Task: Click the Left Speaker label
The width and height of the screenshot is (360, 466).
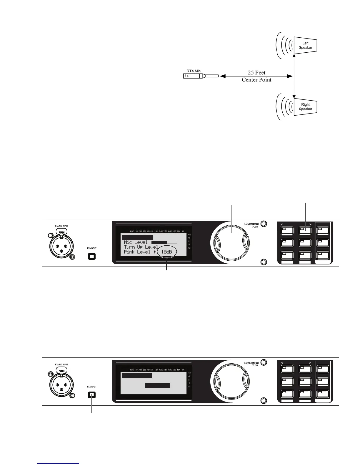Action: (x=305, y=45)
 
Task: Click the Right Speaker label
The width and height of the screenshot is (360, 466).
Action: (x=305, y=106)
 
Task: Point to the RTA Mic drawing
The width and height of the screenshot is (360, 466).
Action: (x=201, y=76)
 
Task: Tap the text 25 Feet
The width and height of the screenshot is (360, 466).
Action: (x=256, y=73)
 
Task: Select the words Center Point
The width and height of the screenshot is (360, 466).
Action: (x=256, y=80)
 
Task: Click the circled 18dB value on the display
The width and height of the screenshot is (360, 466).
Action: (x=166, y=252)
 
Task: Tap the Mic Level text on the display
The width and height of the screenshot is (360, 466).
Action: (x=136, y=242)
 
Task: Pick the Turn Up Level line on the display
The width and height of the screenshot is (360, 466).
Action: (x=141, y=247)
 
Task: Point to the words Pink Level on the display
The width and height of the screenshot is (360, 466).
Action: (x=137, y=252)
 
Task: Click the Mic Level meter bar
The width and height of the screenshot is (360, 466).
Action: (x=164, y=242)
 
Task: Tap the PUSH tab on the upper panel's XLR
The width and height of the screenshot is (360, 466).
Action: (x=61, y=232)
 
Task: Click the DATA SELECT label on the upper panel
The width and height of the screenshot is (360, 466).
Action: (x=251, y=224)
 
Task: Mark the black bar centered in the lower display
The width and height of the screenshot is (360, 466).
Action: (x=157, y=386)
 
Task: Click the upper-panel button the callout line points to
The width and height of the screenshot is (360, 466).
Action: (x=305, y=230)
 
